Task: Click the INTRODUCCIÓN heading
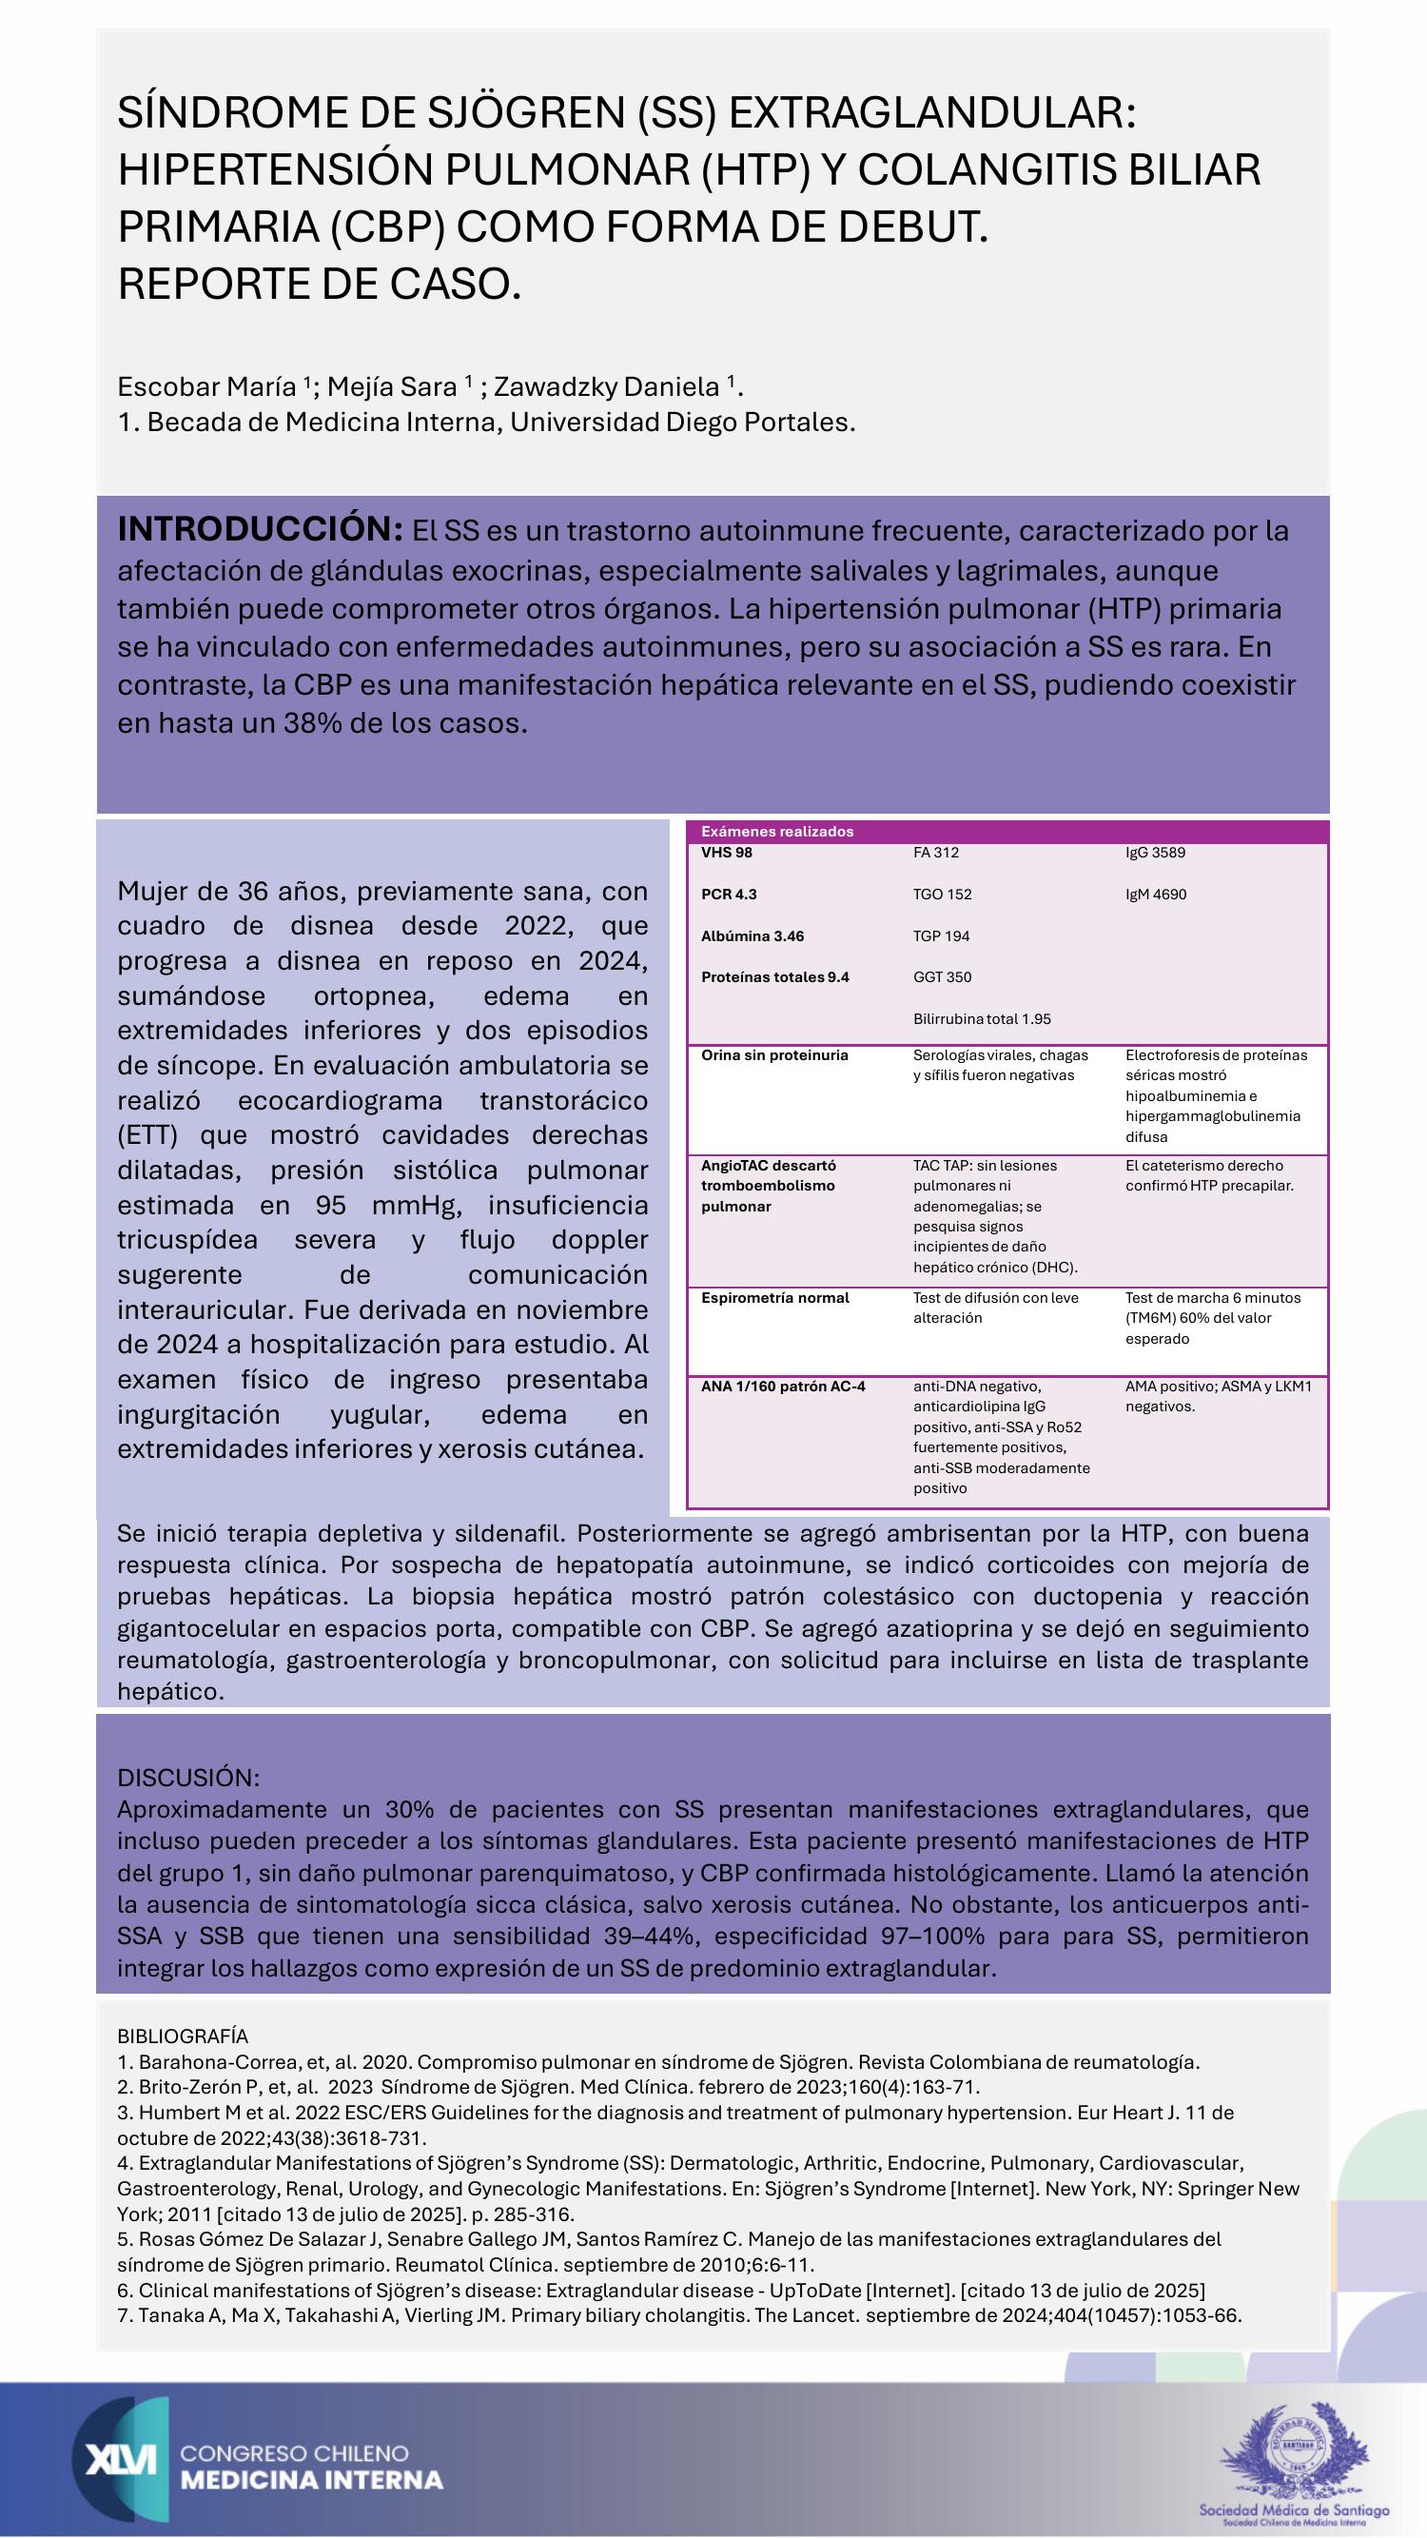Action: click(260, 529)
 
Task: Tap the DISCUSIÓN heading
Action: click(188, 1778)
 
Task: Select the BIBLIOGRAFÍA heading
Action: click(183, 2036)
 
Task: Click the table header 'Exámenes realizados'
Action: click(777, 832)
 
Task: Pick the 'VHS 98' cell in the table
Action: click(727, 853)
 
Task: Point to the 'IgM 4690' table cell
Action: click(1156, 895)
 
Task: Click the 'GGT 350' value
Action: click(942, 977)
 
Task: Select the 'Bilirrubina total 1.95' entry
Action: click(982, 1019)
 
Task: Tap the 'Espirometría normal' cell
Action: click(775, 1298)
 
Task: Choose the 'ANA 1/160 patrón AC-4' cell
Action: click(783, 1387)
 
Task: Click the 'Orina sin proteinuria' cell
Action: click(774, 1055)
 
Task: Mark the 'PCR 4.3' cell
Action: click(729, 895)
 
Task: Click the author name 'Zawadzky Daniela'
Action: click(607, 387)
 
